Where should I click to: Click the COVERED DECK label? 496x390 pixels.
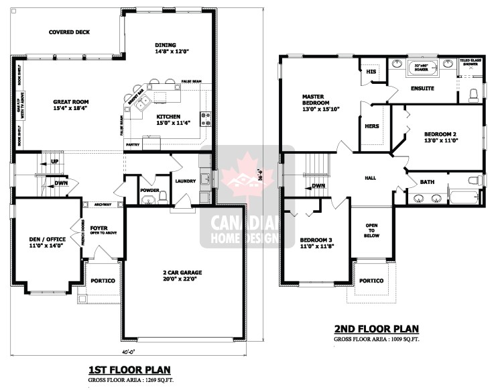click(x=69, y=32)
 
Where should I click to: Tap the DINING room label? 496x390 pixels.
click(x=165, y=47)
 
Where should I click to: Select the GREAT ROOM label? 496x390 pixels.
click(x=71, y=105)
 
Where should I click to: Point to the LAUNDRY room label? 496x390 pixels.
click(x=184, y=181)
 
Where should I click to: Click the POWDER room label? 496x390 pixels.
click(x=149, y=190)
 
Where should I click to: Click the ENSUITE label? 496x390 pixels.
click(x=422, y=89)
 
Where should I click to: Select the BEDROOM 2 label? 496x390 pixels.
click(x=440, y=138)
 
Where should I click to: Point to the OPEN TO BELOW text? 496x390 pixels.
click(x=372, y=231)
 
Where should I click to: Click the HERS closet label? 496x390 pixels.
click(x=371, y=126)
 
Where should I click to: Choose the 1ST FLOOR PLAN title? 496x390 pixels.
click(x=129, y=370)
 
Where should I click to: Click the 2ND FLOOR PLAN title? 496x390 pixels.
click(x=377, y=329)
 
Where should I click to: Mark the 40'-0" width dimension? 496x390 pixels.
click(x=129, y=353)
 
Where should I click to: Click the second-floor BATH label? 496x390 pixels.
click(x=427, y=182)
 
